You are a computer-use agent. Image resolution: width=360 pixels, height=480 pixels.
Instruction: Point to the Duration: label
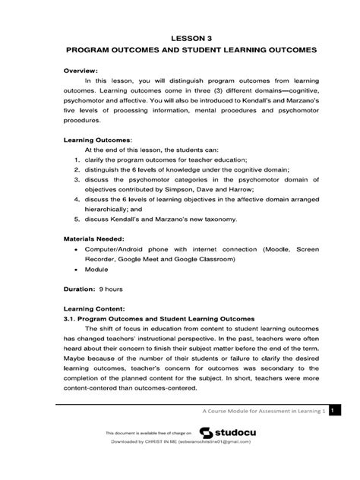point(81,289)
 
